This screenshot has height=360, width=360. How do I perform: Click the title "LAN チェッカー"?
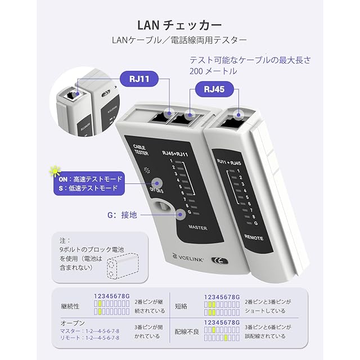pyautogui.click(x=179, y=25)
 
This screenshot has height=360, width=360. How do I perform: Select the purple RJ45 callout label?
pyautogui.click(x=214, y=89)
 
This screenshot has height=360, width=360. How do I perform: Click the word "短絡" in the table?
pyautogui.click(x=182, y=306)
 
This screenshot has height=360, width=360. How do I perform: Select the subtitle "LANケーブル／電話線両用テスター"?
pyautogui.click(x=179, y=40)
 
